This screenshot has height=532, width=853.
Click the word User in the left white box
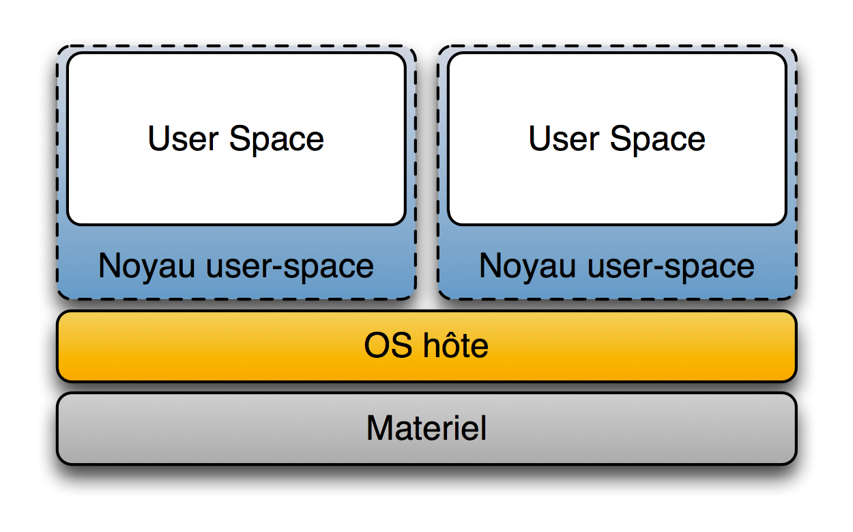click(183, 139)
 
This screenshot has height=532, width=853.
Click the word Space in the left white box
click(276, 140)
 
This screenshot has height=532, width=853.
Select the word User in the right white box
click(564, 139)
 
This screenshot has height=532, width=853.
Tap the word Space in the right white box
click(658, 140)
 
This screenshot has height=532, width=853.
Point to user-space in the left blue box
click(290, 268)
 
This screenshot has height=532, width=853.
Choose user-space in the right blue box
click(671, 268)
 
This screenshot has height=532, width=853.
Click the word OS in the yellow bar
click(388, 346)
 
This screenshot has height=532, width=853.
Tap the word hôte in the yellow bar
click(456, 345)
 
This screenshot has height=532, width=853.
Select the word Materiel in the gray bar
click(426, 428)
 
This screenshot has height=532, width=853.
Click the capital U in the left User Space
click(159, 139)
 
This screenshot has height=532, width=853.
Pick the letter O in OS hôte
click(377, 346)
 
